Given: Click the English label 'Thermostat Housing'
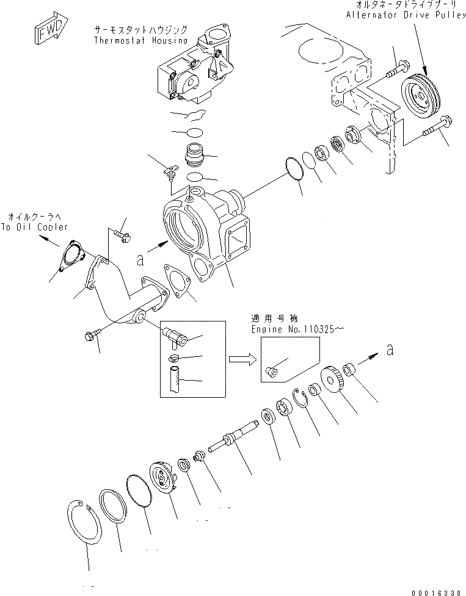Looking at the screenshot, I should (x=140, y=40).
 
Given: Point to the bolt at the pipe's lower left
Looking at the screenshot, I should (x=92, y=335).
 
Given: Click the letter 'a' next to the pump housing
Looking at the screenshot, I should (x=140, y=260).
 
